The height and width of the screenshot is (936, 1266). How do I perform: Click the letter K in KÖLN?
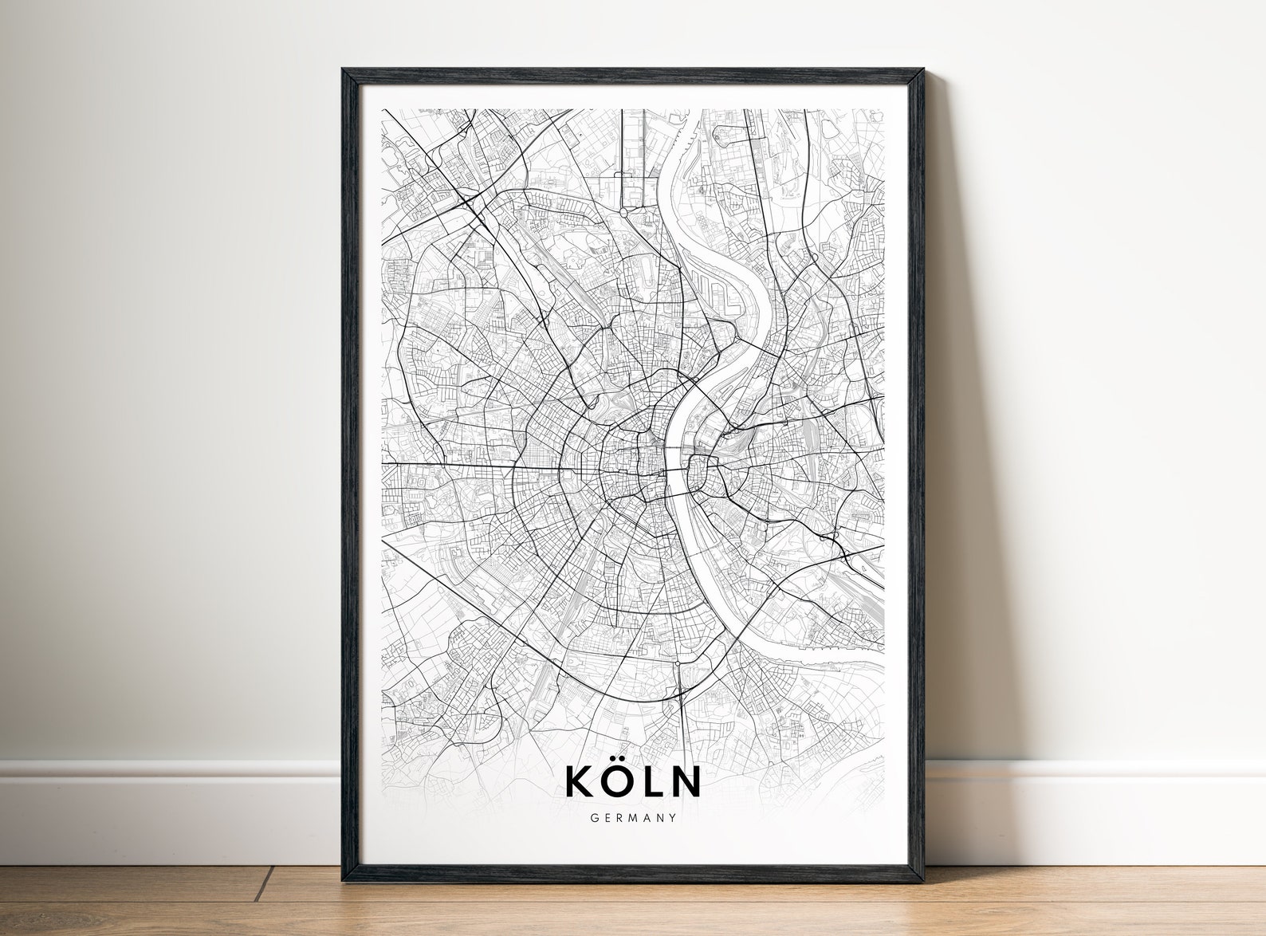(578, 781)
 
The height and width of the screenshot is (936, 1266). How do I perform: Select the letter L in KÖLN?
(648, 781)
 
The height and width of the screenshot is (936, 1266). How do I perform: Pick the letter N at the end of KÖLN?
(684, 781)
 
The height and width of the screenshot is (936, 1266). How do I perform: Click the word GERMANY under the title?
(633, 817)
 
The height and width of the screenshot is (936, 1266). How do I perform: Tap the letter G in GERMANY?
(594, 817)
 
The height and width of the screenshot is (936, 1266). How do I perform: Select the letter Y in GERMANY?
(673, 817)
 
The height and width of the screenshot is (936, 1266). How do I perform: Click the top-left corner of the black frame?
(344, 71)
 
